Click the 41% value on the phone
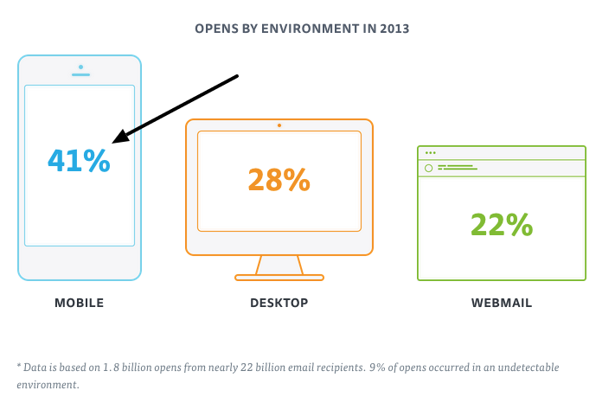(79, 160)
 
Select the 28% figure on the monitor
(279, 179)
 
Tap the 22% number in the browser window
(501, 224)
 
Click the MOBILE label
(79, 303)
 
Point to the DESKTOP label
(279, 303)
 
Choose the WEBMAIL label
(501, 303)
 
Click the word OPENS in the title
(213, 28)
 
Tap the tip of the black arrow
(116, 141)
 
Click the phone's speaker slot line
(80, 74)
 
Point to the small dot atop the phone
(80, 66)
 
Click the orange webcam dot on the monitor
(279, 125)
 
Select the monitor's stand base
(279, 278)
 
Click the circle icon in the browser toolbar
(428, 167)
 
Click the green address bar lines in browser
(456, 167)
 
